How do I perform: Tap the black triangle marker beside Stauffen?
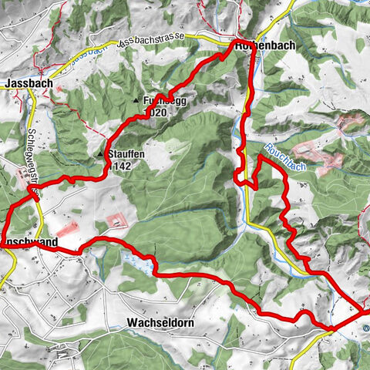click(100, 154)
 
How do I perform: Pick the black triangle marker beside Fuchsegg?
click(136, 101)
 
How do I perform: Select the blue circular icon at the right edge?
click(366, 327)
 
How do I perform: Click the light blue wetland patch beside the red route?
click(140, 265)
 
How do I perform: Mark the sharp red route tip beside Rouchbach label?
click(260, 156)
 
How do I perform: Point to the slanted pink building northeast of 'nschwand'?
click(67, 229)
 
